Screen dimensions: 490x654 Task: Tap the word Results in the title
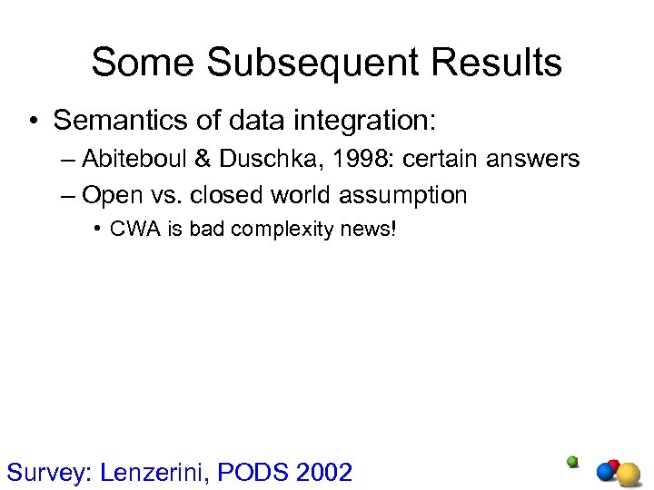click(497, 63)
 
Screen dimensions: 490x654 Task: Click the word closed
click(231, 195)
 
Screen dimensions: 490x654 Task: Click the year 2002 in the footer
click(323, 472)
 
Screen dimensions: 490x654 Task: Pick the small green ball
click(572, 461)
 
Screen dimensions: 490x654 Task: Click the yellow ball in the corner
click(628, 475)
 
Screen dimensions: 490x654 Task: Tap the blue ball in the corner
click(606, 472)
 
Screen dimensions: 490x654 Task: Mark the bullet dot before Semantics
click(33, 121)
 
